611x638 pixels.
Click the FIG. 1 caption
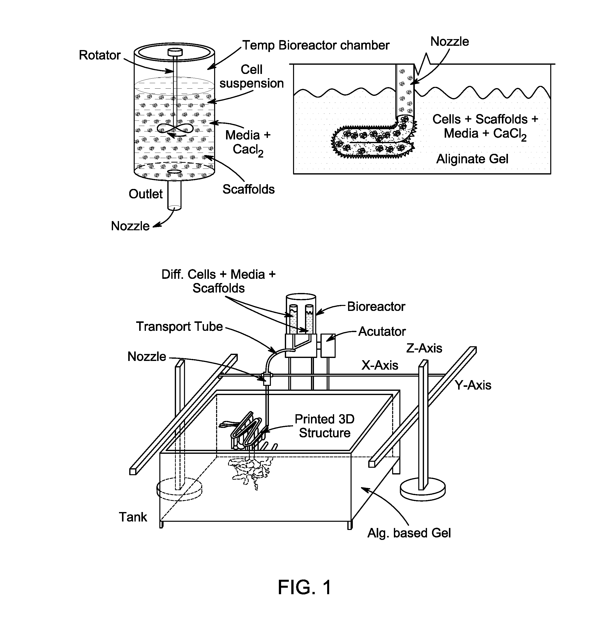pyautogui.click(x=305, y=587)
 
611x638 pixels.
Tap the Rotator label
pyautogui.click(x=100, y=55)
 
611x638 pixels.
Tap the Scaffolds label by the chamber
pyautogui.click(x=248, y=189)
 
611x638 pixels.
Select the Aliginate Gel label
pyautogui.click(x=472, y=159)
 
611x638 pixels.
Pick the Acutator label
pyautogui.click(x=382, y=331)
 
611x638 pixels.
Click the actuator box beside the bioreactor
pyautogui.click(x=328, y=345)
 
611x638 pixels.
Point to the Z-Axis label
pyautogui.click(x=424, y=348)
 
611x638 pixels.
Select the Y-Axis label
pyautogui.click(x=473, y=385)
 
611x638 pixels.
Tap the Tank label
pyautogui.click(x=133, y=517)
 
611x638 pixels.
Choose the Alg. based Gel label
pyautogui.click(x=409, y=533)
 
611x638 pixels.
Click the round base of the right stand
pyautogui.click(x=422, y=491)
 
